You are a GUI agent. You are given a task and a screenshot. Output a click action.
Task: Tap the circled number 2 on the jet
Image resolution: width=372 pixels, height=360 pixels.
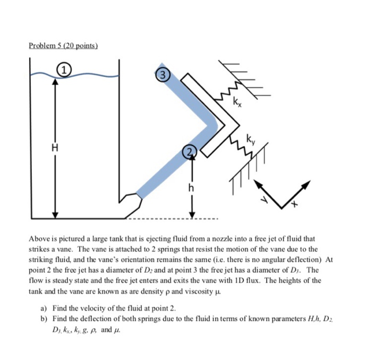tap(190, 153)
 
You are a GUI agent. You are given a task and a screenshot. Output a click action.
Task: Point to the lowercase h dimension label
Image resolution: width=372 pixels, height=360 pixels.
tap(191, 188)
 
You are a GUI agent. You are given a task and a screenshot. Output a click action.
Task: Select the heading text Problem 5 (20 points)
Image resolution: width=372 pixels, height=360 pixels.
tap(64, 45)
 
